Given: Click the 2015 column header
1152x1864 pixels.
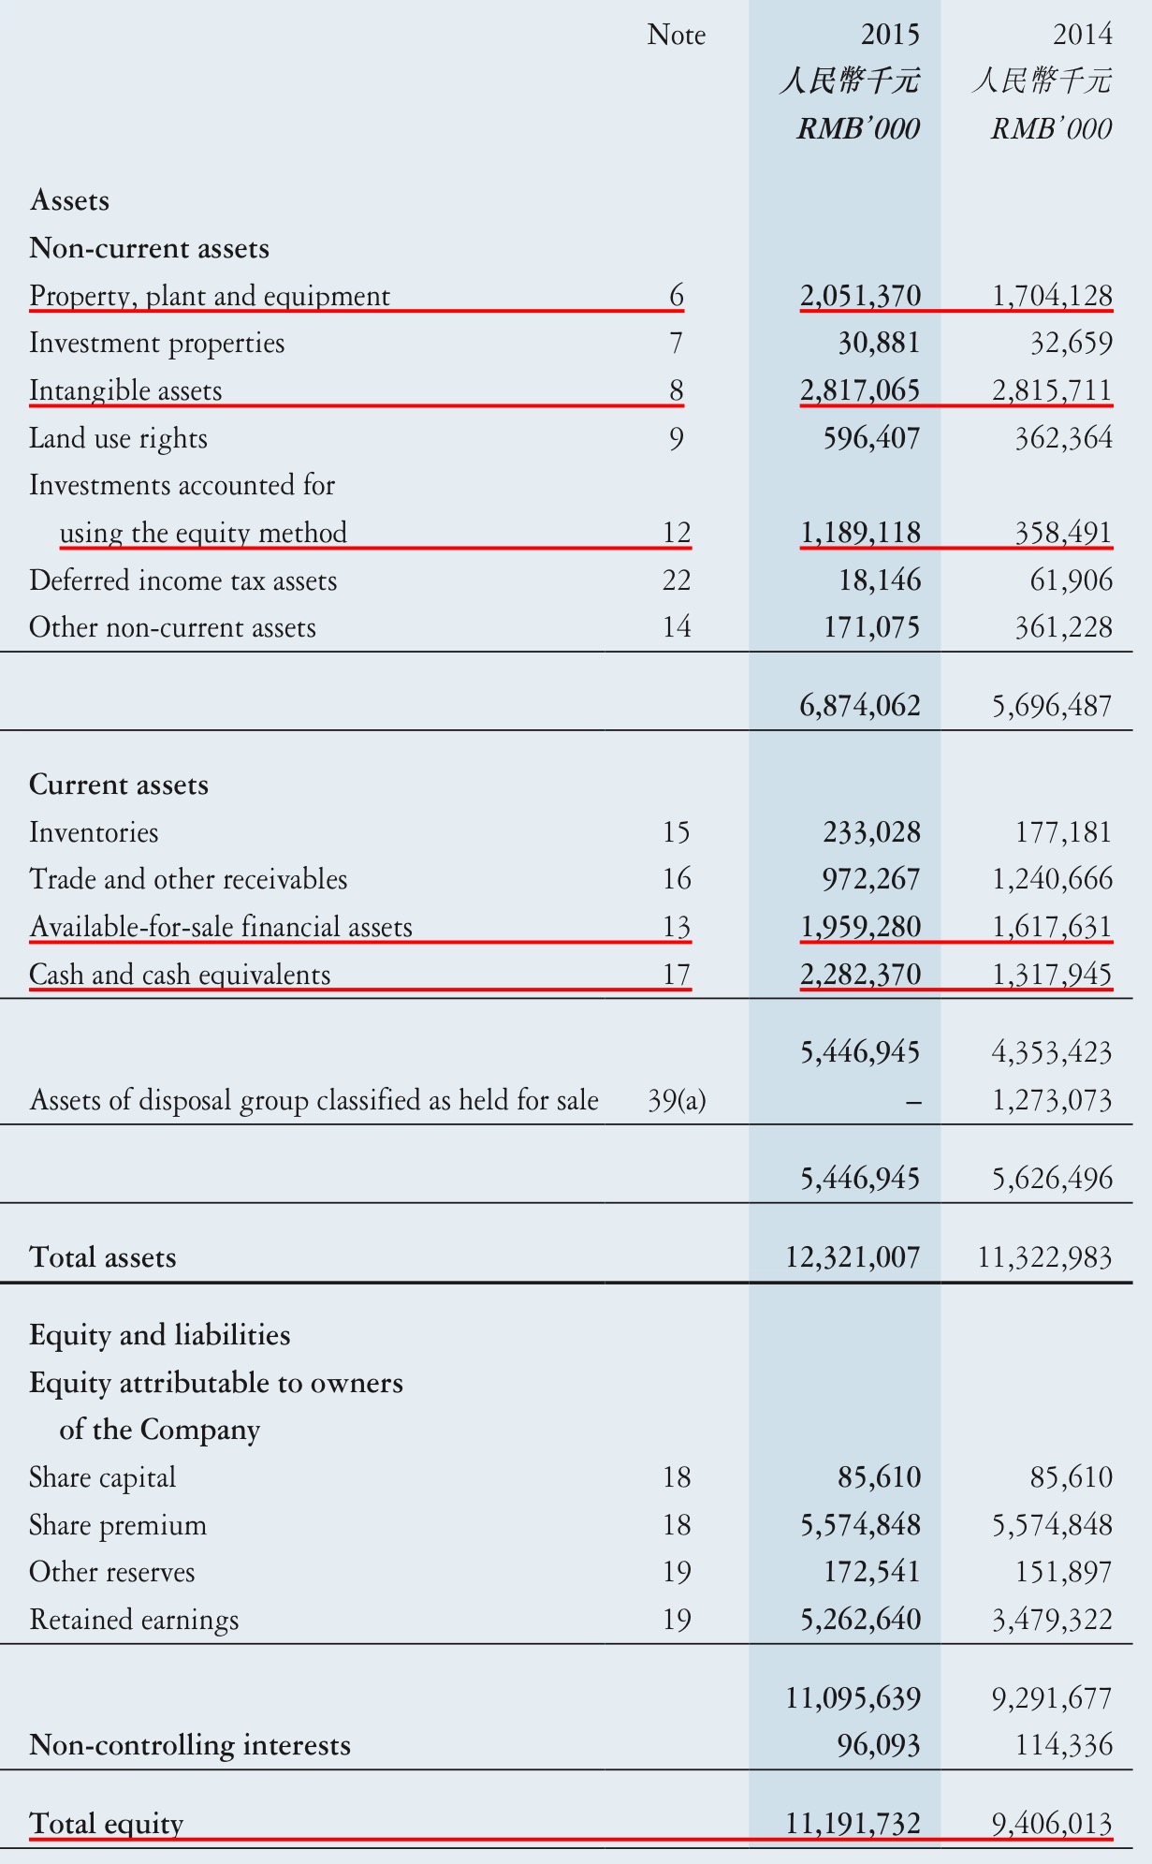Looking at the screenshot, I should [x=889, y=35].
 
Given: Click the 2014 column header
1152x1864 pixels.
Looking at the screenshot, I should [x=1082, y=35].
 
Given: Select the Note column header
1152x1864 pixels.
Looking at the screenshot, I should [x=676, y=35].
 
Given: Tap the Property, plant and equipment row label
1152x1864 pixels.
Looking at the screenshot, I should [x=210, y=296].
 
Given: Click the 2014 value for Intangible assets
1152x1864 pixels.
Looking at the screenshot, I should [x=1052, y=389].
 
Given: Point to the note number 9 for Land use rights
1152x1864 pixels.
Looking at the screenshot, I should [x=676, y=438].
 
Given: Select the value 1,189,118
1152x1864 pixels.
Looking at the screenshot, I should [x=860, y=533].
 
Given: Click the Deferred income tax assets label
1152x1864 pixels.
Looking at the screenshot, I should [x=182, y=580].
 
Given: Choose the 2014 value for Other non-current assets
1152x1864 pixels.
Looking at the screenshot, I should [x=1063, y=627].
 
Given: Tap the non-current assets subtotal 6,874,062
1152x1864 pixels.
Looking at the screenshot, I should [x=860, y=705].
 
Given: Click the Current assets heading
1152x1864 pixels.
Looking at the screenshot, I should [x=119, y=785].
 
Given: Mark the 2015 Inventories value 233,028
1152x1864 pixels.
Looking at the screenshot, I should [x=871, y=832].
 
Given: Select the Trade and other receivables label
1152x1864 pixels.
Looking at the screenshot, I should [x=188, y=879].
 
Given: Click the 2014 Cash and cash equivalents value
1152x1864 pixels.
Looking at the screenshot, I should [x=1052, y=975].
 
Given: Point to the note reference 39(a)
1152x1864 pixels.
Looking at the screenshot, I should [x=676, y=1100].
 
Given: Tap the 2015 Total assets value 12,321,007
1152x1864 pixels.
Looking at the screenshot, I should [x=853, y=1256].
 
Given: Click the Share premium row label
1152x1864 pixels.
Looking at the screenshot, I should [x=118, y=1525].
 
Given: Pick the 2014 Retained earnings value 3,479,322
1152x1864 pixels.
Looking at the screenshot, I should [x=1052, y=1620].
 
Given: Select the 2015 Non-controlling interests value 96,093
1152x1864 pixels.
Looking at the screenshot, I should [x=878, y=1745].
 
